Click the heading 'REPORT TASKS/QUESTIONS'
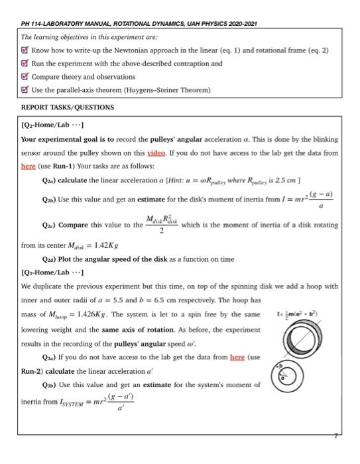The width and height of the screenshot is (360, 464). pos(68,107)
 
